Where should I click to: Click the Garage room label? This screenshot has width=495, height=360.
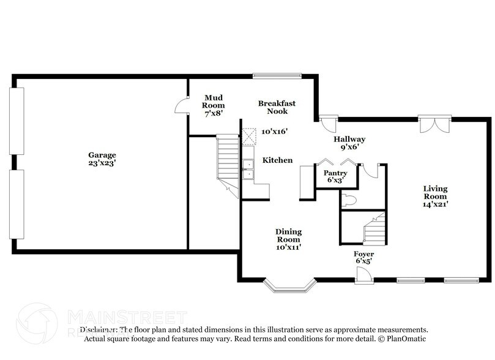[x=101, y=155]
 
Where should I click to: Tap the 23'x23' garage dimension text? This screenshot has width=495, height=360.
[x=101, y=163]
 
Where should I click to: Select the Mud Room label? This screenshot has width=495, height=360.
[x=214, y=101]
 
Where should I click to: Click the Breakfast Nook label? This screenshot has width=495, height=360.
[x=272, y=107]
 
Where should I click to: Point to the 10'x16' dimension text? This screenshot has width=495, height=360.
[x=274, y=131]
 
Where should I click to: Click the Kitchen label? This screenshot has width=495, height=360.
[x=277, y=160]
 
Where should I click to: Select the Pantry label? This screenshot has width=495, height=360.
[x=335, y=173]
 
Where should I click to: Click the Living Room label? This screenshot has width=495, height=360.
[x=435, y=192]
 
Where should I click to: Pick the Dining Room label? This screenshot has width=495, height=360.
[x=288, y=236]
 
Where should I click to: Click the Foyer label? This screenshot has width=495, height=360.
[x=363, y=253]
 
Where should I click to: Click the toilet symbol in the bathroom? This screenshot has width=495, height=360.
[x=348, y=199]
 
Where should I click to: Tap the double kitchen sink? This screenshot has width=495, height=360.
[x=248, y=170]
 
